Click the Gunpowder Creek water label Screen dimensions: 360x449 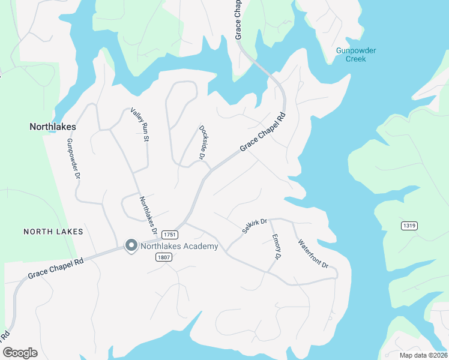355,55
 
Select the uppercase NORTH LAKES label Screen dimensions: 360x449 53,231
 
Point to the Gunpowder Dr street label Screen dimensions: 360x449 73,158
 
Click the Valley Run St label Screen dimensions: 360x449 139,125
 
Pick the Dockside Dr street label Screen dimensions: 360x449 202,142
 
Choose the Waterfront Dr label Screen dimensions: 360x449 313,254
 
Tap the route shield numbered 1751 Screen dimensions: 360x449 169,234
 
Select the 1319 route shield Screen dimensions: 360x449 409,225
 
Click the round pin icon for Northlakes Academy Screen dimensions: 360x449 130,245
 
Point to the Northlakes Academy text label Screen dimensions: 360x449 179,245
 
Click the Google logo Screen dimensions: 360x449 20,353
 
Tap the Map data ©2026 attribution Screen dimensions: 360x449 423,355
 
